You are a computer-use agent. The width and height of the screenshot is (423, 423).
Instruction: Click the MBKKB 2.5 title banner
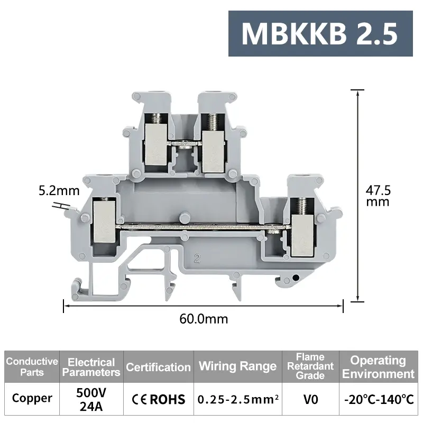(320, 33)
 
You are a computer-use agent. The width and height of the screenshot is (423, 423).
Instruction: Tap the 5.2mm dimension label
(59, 191)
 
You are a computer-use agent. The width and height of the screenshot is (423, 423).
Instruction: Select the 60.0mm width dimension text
(204, 319)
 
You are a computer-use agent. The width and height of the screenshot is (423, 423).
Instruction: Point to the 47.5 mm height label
(378, 196)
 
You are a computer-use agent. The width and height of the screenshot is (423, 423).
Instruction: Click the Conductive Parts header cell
(32, 366)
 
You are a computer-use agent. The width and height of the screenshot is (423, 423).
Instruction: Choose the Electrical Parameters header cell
(91, 366)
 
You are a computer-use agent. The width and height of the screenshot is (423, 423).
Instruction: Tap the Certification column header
(158, 366)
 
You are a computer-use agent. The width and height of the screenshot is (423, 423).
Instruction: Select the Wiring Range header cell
(237, 366)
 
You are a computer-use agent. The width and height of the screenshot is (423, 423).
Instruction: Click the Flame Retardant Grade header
(310, 366)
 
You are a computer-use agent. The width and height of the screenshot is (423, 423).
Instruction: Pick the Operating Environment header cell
(379, 366)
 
